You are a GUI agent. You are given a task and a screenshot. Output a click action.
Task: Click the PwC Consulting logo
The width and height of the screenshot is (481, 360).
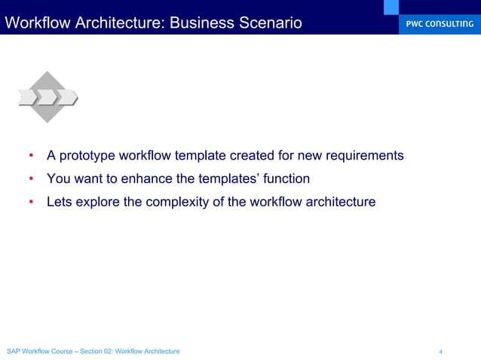tap(437, 23)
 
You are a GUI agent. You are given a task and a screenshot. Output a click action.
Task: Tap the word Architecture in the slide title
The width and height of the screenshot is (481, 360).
tap(125, 23)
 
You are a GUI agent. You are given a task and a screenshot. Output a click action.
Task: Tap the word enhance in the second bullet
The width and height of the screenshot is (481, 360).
tap(144, 179)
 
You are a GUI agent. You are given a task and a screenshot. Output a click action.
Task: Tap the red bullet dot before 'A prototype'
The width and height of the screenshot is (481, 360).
tap(31, 157)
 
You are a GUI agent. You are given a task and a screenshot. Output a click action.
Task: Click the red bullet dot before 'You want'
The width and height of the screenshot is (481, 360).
tap(31, 180)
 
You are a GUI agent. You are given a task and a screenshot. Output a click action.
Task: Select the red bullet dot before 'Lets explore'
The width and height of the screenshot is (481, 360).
tap(31, 203)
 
